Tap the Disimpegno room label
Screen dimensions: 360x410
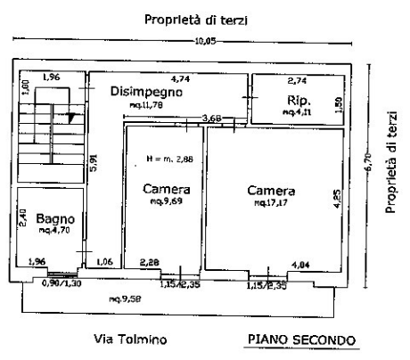146,91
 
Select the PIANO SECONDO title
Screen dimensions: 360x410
300,339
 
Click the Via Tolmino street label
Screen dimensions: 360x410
129,339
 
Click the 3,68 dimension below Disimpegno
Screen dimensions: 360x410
211,118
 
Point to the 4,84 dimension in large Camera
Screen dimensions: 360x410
300,263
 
